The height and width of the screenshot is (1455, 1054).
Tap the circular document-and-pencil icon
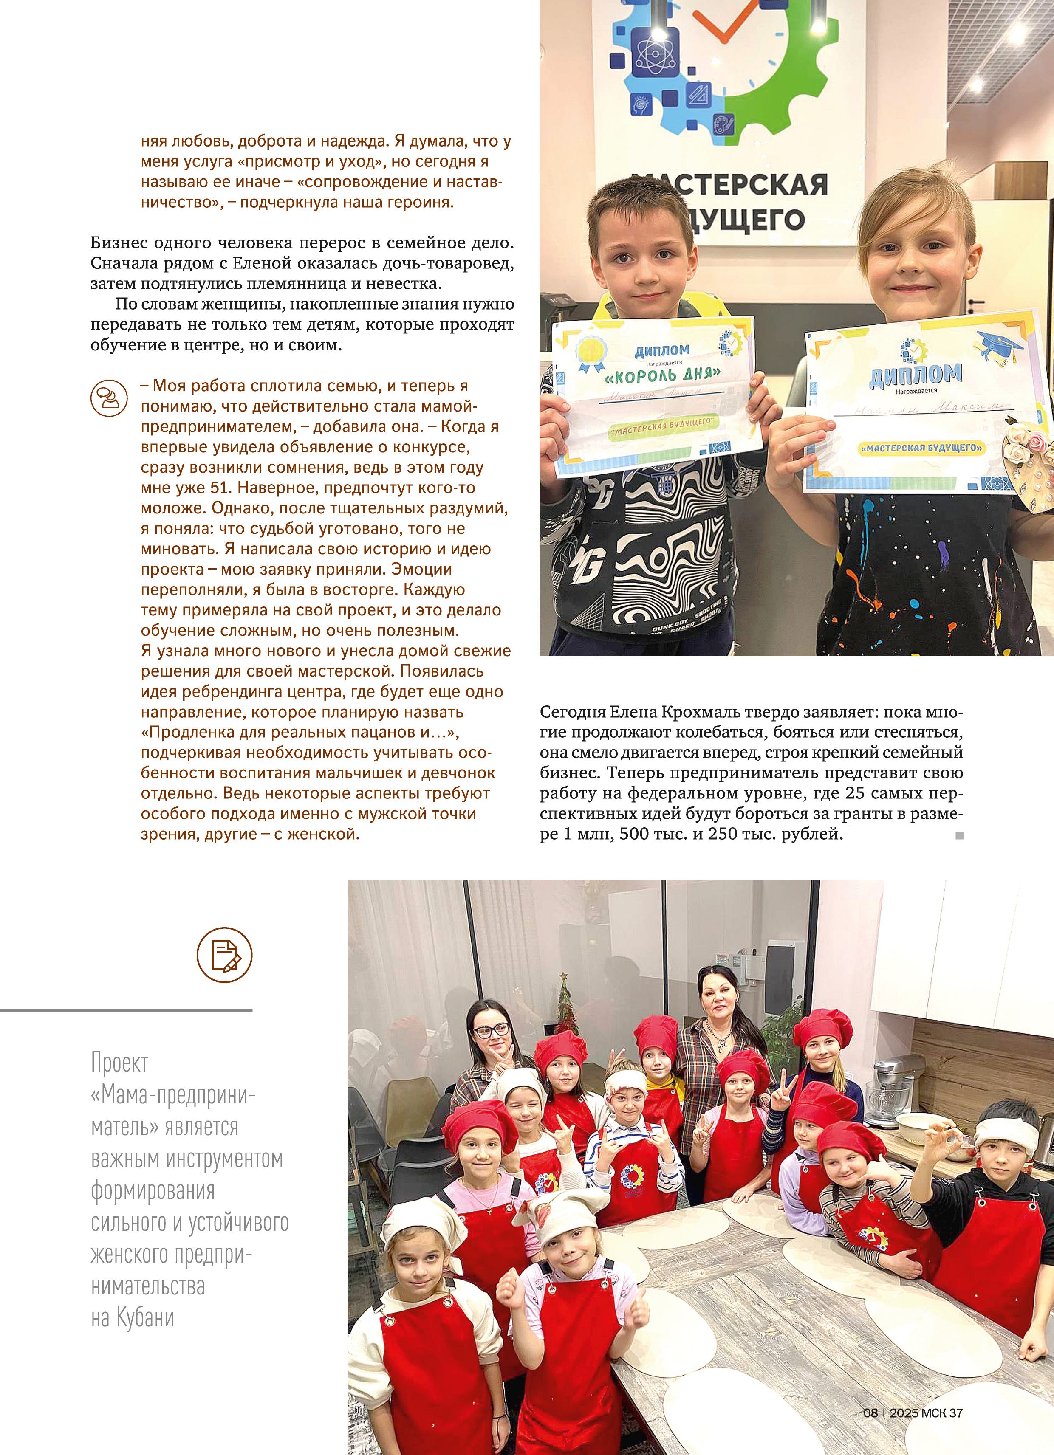(x=224, y=955)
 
